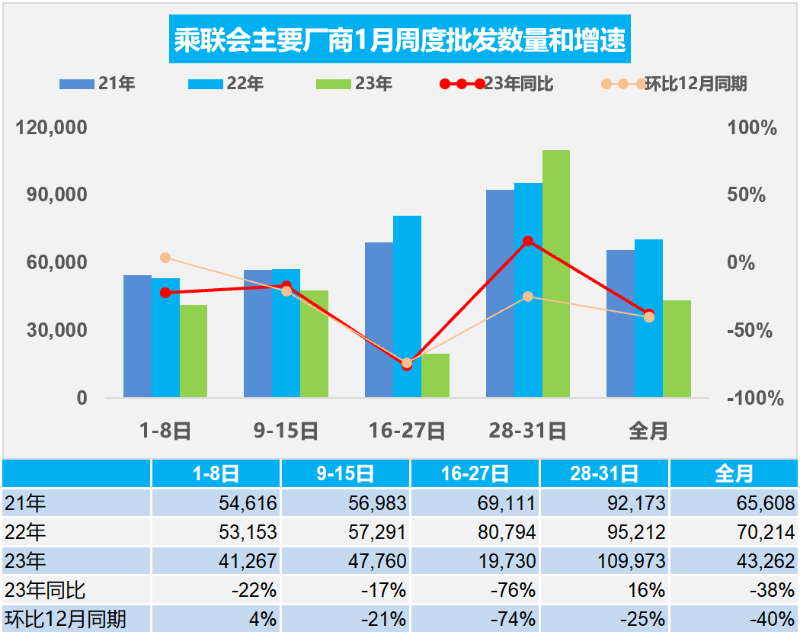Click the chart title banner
[400, 39]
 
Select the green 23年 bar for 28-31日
[556, 274]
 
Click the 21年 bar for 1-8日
[138, 335]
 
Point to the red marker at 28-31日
[528, 241]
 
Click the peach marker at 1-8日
[165, 258]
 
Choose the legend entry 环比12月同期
[674, 84]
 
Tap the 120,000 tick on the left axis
[53, 127]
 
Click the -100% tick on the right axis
[754, 398]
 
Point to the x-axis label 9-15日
[286, 431]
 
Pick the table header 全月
[734, 474]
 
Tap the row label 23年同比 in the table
[45, 589]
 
